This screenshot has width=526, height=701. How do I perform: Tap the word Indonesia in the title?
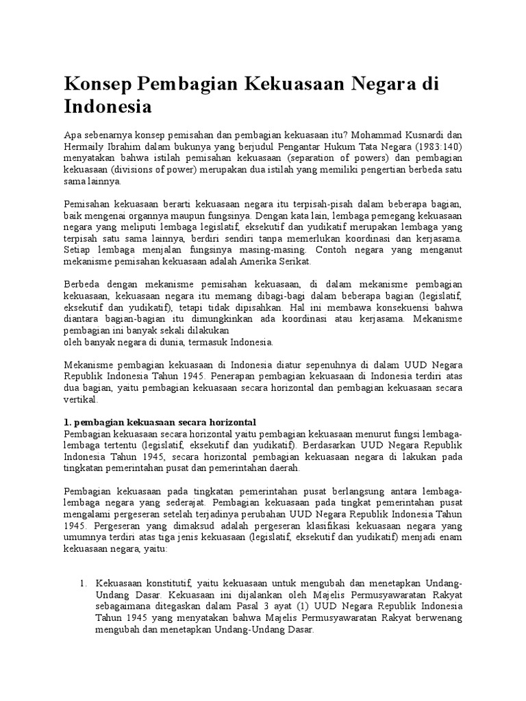click(x=108, y=107)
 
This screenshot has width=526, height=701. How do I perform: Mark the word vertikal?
click(x=81, y=399)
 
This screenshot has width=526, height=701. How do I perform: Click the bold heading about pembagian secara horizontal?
click(x=159, y=421)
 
